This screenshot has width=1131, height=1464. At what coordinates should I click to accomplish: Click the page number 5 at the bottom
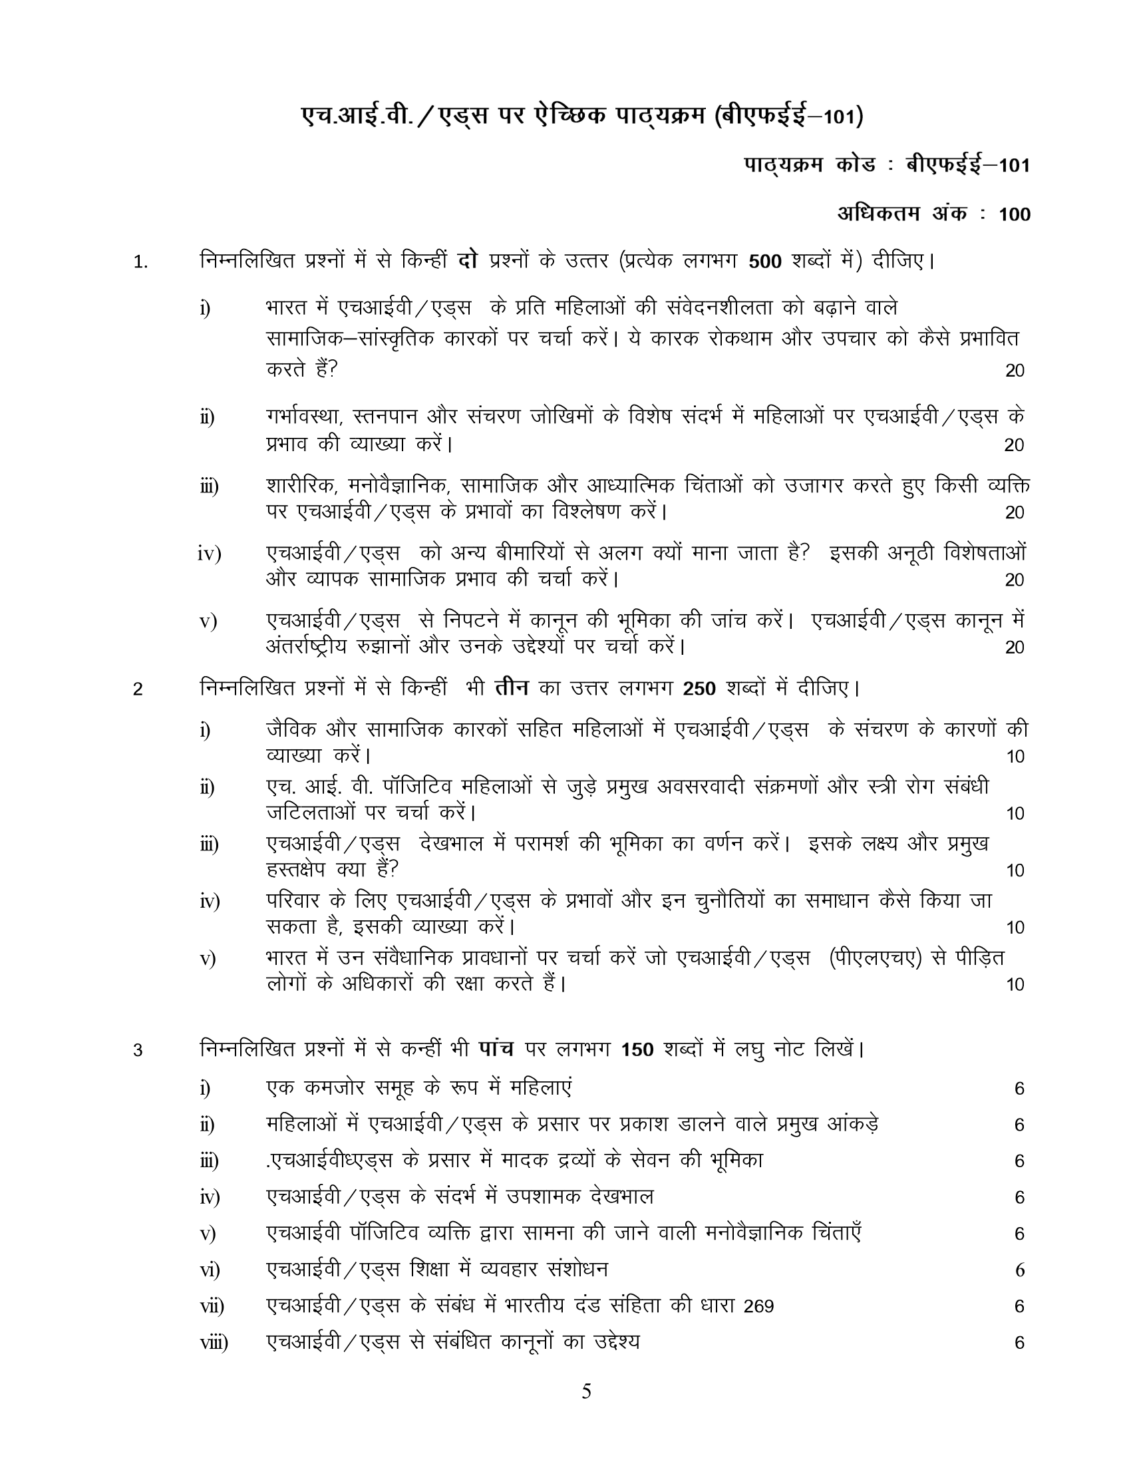point(586,1393)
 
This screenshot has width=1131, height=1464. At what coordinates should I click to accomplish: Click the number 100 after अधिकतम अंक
point(1015,214)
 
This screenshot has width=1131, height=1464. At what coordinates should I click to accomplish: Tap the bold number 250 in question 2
point(699,689)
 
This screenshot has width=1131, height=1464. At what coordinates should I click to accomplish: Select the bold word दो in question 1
point(467,260)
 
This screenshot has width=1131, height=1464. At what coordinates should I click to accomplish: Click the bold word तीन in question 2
point(512,688)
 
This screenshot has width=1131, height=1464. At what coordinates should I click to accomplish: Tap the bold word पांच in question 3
point(496,1048)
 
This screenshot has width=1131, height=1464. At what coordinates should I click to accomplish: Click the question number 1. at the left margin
point(140,262)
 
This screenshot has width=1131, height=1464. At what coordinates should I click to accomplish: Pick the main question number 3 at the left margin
point(138,1050)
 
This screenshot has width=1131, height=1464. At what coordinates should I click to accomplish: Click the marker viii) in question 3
point(214,1343)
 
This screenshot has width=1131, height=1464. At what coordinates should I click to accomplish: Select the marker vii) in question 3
point(212,1306)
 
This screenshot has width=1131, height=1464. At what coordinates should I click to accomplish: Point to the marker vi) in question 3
point(210,1270)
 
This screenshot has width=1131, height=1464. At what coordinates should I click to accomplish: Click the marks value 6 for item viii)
point(1019,1343)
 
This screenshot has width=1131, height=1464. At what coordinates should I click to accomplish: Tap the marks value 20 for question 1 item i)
point(1015,371)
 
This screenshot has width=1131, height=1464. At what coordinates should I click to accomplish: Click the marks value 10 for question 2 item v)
point(1015,985)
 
